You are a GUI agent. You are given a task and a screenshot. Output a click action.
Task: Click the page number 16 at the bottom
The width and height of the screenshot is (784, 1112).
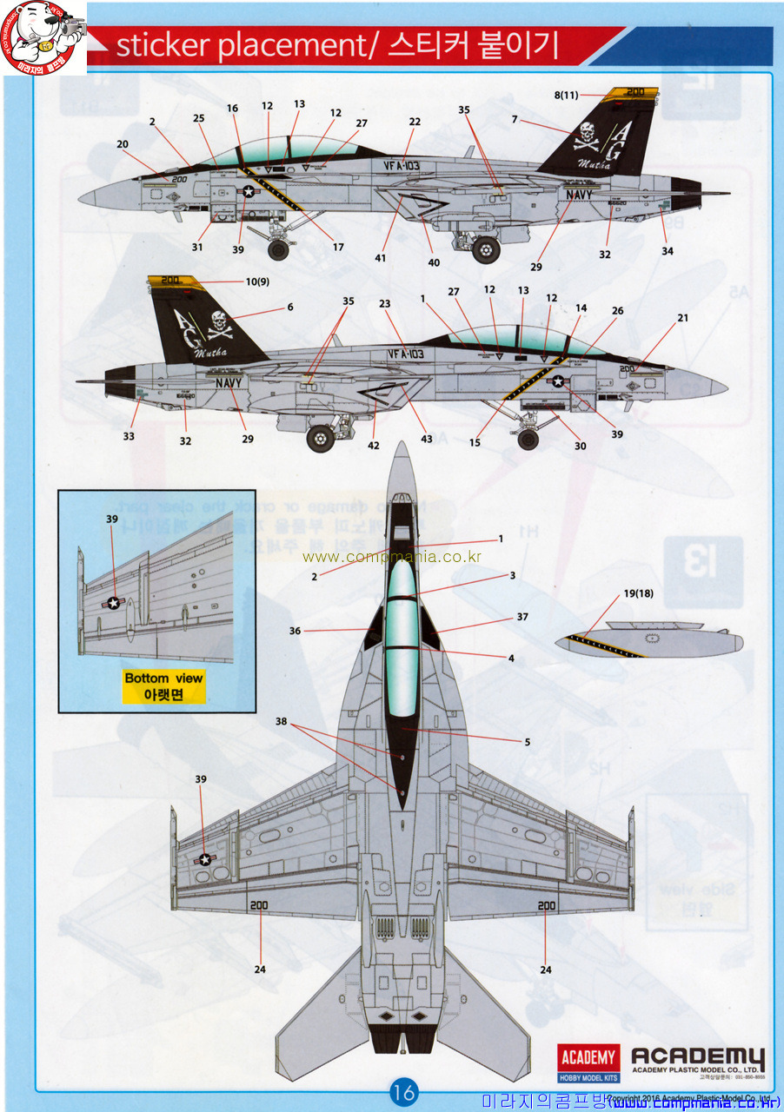[404, 1090]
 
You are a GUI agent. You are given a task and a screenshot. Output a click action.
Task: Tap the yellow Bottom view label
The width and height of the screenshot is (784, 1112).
[163, 685]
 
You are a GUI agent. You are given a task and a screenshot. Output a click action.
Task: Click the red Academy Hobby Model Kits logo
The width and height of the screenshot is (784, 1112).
[588, 1062]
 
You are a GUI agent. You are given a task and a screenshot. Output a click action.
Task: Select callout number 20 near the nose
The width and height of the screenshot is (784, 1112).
[122, 144]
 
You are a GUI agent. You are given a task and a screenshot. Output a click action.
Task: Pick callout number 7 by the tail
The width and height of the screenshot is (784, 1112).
[515, 119]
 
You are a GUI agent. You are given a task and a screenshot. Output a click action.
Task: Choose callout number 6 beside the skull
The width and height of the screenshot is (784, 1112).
[290, 307]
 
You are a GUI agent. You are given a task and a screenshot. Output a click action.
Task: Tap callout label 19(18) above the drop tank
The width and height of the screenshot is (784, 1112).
[637, 594]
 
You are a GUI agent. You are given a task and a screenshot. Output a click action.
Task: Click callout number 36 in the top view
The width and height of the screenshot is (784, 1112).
[296, 631]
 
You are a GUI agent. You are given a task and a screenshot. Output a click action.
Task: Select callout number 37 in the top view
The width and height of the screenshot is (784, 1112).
[522, 617]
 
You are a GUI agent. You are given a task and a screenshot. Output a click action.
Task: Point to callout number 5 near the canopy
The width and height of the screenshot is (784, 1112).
[527, 742]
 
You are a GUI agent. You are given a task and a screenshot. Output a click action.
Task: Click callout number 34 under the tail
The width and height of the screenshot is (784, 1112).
[667, 251]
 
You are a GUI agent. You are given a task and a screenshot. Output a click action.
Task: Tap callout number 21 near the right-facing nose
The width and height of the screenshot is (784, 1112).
[682, 318]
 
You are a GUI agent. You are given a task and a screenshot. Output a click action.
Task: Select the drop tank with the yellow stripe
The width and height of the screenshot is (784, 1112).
[648, 642]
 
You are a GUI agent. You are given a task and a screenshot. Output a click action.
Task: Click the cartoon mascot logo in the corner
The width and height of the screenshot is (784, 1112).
[43, 36]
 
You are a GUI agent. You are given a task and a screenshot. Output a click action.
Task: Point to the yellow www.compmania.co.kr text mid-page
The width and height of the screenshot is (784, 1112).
[391, 557]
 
